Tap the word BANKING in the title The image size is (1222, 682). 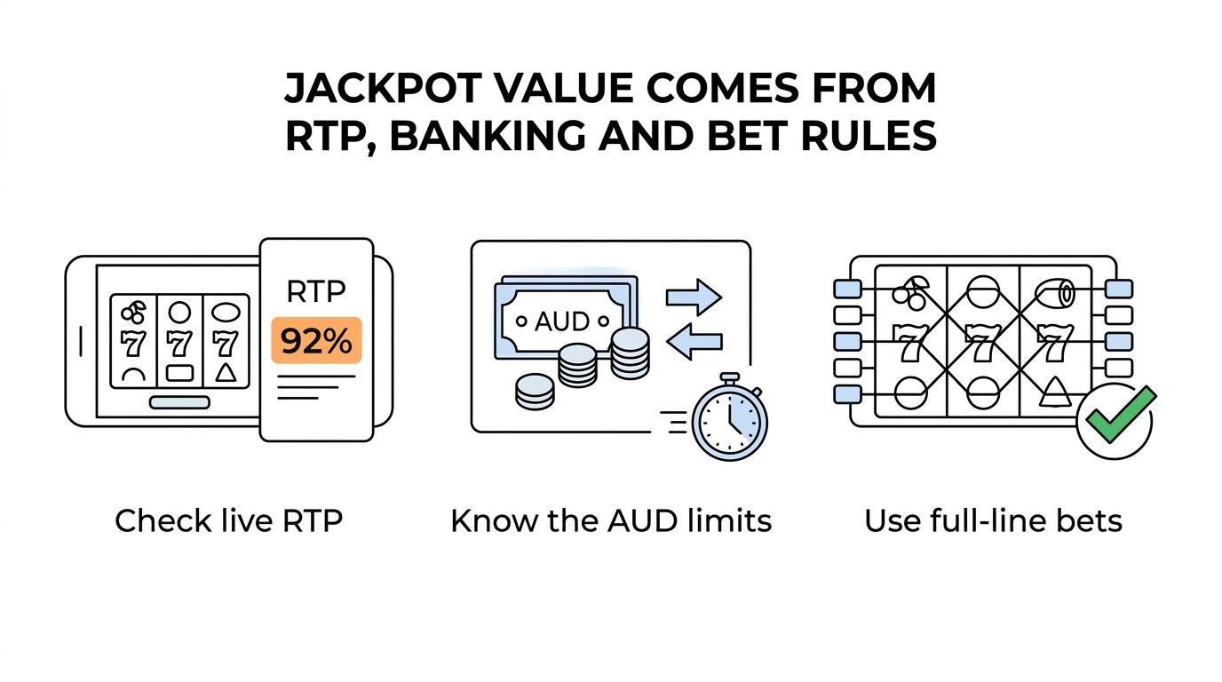tap(488, 136)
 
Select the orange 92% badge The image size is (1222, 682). tap(316, 340)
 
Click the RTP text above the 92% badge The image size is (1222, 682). tap(316, 291)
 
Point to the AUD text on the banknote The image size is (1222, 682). tap(562, 321)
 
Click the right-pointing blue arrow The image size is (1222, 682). tap(694, 297)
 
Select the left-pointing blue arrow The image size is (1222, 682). tap(694, 342)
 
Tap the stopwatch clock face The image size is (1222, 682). tap(729, 422)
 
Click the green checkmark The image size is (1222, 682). tap(1121, 414)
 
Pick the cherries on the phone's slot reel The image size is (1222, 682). tap(133, 312)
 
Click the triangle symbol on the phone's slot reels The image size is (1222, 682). tap(226, 372)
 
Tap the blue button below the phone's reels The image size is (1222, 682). tap(179, 402)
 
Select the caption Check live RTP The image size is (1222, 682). tap(228, 520)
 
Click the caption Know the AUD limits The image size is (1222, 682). tap(611, 520)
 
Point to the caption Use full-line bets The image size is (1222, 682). tap(994, 520)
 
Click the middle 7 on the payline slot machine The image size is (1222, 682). tap(982, 343)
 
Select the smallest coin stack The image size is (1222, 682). tap(536, 392)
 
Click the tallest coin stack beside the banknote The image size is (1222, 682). tap(631, 353)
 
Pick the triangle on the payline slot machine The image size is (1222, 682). tap(1054, 393)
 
